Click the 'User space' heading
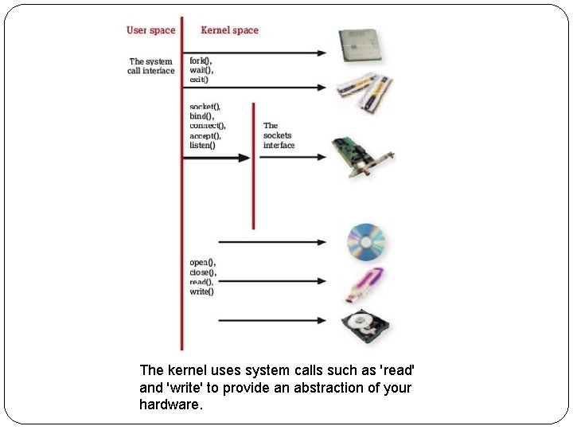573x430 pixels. (x=150, y=30)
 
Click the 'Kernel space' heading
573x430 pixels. (x=229, y=30)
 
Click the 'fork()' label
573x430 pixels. (x=201, y=61)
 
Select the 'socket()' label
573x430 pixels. (x=205, y=107)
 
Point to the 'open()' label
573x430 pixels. (x=202, y=263)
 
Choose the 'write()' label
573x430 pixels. (x=202, y=291)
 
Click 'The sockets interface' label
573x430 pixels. (x=279, y=135)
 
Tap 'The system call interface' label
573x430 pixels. (x=150, y=66)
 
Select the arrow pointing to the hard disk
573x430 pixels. (x=271, y=321)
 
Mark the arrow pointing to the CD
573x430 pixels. (x=271, y=241)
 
